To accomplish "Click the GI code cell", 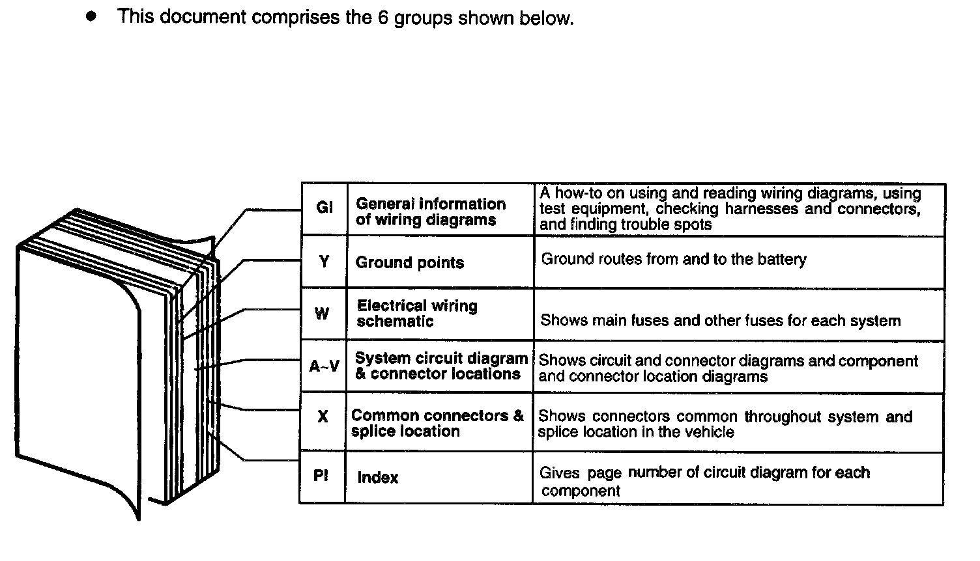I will [x=324, y=208].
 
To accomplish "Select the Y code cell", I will [x=324, y=262].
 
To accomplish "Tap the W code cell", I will [x=323, y=314].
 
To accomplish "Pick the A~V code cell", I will [x=324, y=366].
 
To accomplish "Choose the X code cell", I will [x=323, y=417].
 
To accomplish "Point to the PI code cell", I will [x=321, y=476].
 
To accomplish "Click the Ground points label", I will [x=410, y=262].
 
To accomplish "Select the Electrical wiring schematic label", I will [x=417, y=313].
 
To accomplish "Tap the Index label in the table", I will [x=378, y=477].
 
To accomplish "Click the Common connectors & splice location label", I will [x=437, y=423].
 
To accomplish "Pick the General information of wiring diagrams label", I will [x=430, y=212].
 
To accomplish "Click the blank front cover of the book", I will [x=78, y=351].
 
